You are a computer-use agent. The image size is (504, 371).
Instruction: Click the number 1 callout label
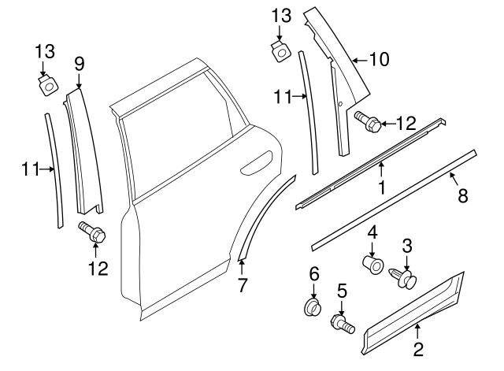[x=381, y=187]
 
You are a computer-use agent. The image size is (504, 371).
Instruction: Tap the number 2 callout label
[x=418, y=347]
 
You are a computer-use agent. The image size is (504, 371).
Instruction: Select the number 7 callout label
[x=242, y=284]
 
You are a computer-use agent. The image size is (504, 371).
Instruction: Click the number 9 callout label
[x=78, y=64]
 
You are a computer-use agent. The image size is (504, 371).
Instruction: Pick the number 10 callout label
[x=380, y=58]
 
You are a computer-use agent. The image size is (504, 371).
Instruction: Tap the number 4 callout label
[x=372, y=232]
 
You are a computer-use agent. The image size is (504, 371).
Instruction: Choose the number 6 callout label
[x=313, y=273]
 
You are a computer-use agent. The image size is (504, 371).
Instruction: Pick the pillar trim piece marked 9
[x=83, y=150]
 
